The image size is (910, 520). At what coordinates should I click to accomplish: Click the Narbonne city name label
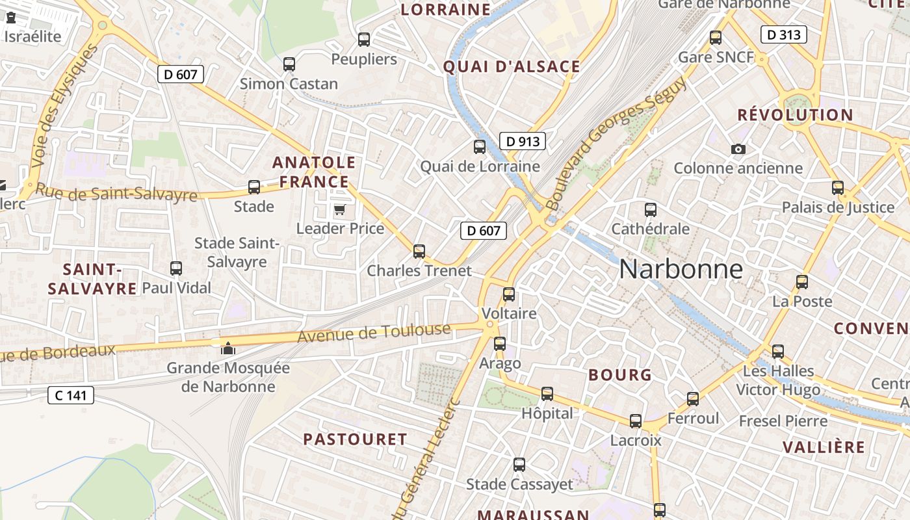[681, 268]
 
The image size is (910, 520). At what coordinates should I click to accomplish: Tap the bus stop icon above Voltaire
[509, 294]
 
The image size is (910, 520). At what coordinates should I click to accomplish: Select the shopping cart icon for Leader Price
[339, 209]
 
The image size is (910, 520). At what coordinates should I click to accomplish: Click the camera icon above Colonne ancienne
[738, 149]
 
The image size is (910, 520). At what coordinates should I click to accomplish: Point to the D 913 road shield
[523, 141]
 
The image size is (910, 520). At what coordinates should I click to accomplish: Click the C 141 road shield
[71, 395]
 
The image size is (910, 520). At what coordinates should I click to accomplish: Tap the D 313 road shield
[783, 34]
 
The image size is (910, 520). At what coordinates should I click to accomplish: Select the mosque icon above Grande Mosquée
[227, 348]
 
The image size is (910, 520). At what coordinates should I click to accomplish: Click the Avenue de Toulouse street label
[374, 333]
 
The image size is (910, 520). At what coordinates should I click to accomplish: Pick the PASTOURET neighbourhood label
[355, 439]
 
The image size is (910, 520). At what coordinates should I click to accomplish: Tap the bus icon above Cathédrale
[650, 210]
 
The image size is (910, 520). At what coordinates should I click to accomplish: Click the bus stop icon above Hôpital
[547, 394]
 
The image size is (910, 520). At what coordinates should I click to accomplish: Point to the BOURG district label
[619, 375]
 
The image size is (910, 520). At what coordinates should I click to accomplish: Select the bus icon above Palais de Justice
[838, 188]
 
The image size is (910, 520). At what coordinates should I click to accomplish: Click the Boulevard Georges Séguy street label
[618, 144]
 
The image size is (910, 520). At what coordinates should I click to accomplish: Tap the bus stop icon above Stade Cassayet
[519, 465]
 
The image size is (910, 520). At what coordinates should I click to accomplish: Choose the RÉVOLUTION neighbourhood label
[795, 115]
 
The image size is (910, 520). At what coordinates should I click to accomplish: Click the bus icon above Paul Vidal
[175, 268]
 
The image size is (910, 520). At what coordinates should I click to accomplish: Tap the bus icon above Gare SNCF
[716, 38]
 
